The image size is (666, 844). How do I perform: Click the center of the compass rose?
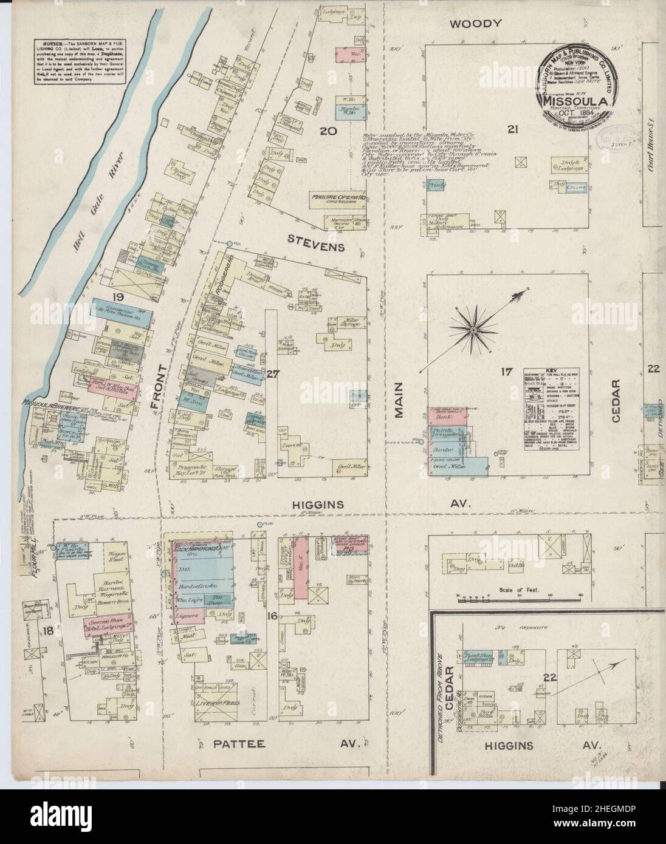pos(472,328)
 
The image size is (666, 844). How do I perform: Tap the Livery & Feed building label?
pos(219,704)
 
